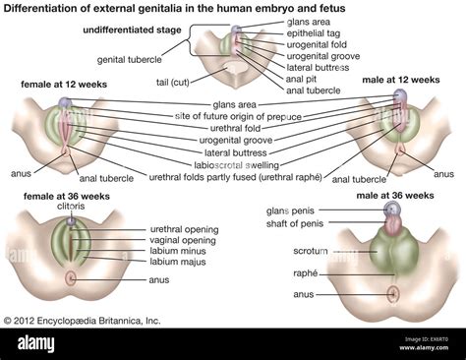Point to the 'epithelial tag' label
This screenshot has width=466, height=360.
point(314,32)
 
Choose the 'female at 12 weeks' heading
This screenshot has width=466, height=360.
point(61,86)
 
